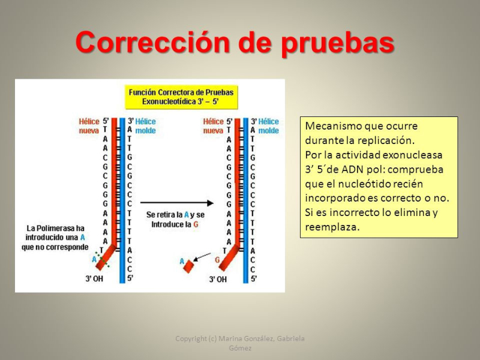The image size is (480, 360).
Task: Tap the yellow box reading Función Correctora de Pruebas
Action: (181, 97)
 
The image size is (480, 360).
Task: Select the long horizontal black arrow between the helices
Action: (177, 203)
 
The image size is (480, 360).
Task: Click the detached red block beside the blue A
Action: (188, 266)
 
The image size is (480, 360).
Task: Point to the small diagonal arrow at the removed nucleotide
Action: (202, 257)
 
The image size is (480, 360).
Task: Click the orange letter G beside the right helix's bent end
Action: (217, 260)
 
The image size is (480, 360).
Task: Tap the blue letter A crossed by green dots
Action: (94, 260)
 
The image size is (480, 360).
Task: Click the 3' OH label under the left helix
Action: (94, 278)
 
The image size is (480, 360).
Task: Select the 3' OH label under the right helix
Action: (218, 279)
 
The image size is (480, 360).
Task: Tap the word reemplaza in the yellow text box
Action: (332, 227)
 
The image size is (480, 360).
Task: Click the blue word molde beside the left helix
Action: (145, 131)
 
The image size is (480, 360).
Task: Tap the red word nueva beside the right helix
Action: (213, 131)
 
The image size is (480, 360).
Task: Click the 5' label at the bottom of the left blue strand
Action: (130, 278)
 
